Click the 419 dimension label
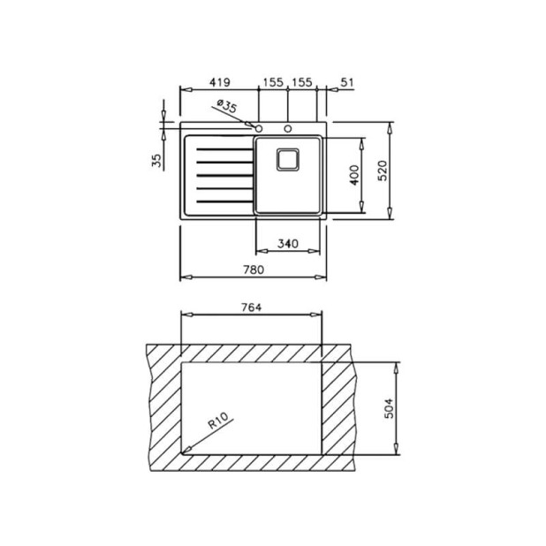click(x=219, y=82)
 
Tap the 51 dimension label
click(x=347, y=82)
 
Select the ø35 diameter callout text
click(x=227, y=105)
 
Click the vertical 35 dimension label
click(x=157, y=160)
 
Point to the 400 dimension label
click(x=354, y=175)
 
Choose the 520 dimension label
click(x=383, y=171)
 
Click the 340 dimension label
click(x=288, y=243)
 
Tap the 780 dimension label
click(x=254, y=269)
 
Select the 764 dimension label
click(x=251, y=307)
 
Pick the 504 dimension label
click(x=389, y=408)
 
